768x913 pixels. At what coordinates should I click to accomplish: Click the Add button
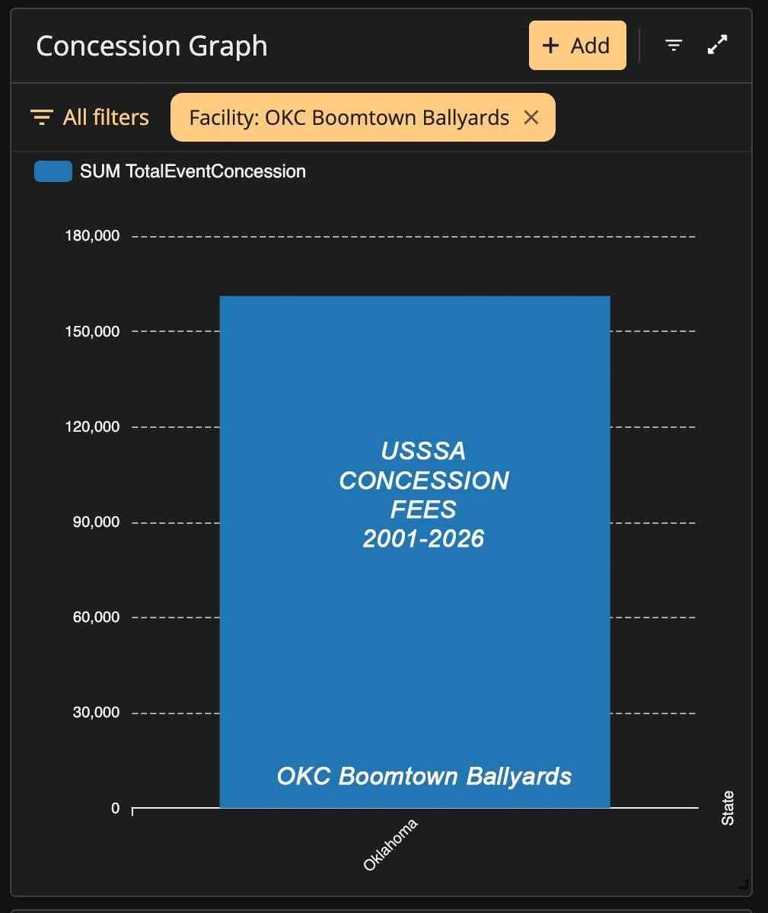click(x=577, y=46)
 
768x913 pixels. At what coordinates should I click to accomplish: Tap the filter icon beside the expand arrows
click(x=674, y=45)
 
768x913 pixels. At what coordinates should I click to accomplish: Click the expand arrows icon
click(x=717, y=45)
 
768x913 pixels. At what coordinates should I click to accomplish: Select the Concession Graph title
click(x=152, y=46)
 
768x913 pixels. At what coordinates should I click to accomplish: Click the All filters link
click(x=90, y=117)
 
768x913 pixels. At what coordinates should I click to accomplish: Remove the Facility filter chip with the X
click(x=531, y=117)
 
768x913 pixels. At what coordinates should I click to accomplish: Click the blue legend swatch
click(x=53, y=171)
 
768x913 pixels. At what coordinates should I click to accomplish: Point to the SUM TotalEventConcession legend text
click(x=193, y=171)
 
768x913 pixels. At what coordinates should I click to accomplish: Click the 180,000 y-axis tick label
click(x=93, y=236)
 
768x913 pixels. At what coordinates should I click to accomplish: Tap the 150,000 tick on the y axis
click(x=93, y=331)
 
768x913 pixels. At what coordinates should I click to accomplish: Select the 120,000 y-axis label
click(x=93, y=427)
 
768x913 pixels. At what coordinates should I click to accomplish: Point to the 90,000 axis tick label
click(x=96, y=522)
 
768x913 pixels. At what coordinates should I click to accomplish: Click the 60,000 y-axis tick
click(x=96, y=618)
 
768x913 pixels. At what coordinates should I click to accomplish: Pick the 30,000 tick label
click(x=96, y=712)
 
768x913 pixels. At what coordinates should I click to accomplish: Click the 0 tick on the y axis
click(x=115, y=808)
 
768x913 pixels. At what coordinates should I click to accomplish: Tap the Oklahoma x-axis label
click(x=390, y=844)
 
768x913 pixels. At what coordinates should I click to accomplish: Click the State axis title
click(x=728, y=808)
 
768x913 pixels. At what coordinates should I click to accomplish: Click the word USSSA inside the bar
click(x=423, y=451)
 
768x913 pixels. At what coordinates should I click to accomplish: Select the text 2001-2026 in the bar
click(x=423, y=538)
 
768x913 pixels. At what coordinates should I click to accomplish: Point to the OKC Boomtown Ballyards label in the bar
click(x=424, y=776)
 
